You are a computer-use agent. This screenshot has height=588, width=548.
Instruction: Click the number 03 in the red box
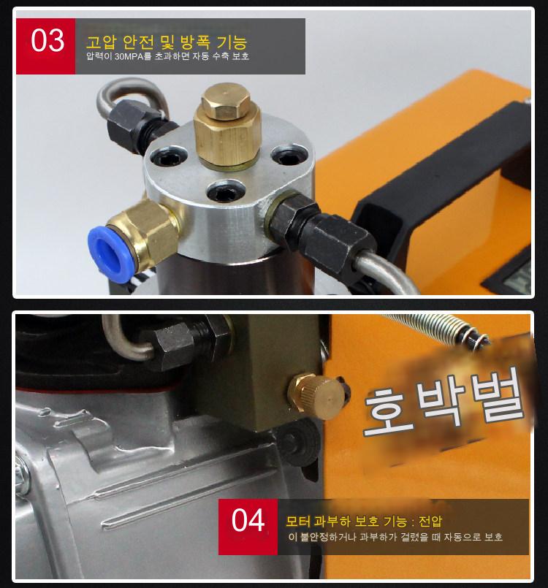(47, 40)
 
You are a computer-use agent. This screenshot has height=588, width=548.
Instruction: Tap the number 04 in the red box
(248, 520)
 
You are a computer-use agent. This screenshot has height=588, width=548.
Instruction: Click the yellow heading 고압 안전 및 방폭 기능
(167, 42)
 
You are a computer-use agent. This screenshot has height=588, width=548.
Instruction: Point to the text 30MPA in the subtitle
(129, 57)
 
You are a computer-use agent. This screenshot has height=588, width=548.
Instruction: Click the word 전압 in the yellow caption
(430, 522)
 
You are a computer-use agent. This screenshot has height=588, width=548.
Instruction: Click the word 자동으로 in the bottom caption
(462, 537)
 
